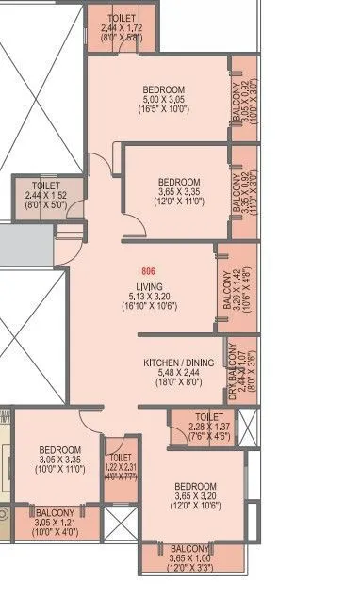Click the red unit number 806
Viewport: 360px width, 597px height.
tap(149, 271)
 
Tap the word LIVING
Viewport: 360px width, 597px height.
tap(149, 286)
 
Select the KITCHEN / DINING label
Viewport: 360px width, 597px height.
tap(178, 363)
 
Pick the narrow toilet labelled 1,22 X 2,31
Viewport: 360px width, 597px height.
tap(119, 463)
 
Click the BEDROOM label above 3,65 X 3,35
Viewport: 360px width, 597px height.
tap(178, 182)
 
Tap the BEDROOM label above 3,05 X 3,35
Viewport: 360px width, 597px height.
tap(59, 450)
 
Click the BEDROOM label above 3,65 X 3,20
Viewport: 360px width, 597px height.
tap(195, 487)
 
